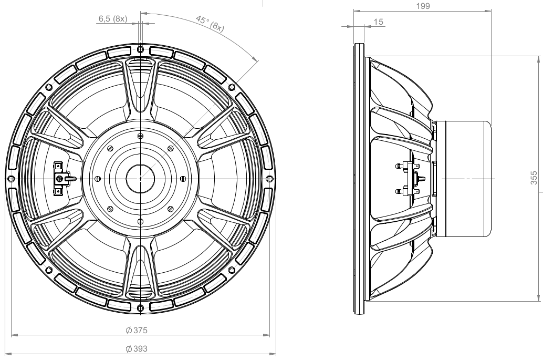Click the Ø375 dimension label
[136, 330]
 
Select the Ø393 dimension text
[136, 348]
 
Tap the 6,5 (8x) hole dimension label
[113, 19]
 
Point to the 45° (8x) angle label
[210, 24]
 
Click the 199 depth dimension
[423, 6]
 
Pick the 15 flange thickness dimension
[379, 22]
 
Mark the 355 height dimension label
[535, 178]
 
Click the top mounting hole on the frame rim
[140, 49]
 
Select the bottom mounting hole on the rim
[140, 307]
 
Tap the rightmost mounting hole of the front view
[269, 179]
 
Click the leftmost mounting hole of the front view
[11, 179]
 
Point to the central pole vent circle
[140, 179]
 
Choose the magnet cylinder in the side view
[463, 179]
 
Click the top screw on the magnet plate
[140, 136]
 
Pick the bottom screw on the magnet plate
[140, 221]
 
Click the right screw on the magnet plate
[183, 179]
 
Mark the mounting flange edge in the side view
[359, 179]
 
